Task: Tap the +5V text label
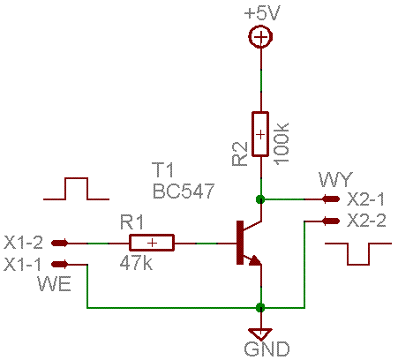262,13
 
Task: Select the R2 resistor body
260,134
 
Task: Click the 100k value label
282,142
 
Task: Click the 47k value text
136,263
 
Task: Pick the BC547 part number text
184,191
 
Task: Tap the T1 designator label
162,169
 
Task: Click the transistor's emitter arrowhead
255,260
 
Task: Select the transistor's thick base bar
240,243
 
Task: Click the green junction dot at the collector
260,199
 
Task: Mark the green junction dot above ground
260,308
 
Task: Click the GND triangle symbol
260,334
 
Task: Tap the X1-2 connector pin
60,243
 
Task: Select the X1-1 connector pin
60,265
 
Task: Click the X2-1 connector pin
331,199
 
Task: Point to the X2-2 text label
366,221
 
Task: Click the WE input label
54,284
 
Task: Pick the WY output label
335,179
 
